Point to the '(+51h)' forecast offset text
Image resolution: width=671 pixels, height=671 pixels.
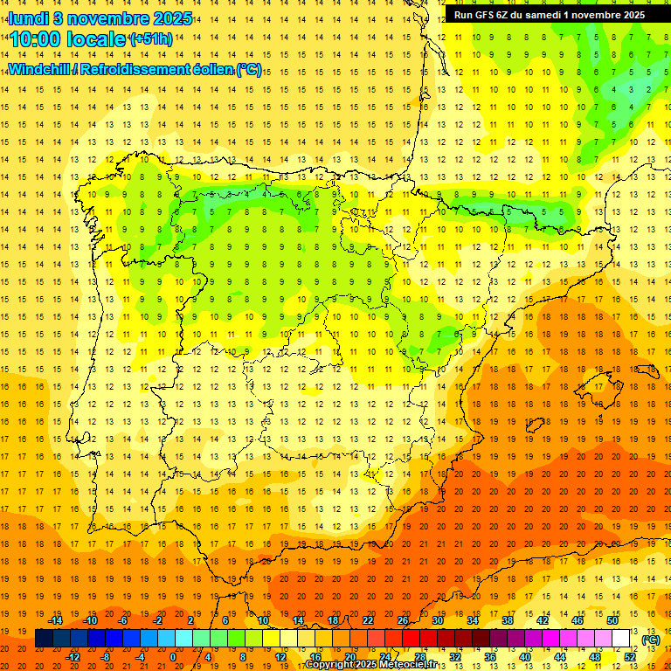(150, 39)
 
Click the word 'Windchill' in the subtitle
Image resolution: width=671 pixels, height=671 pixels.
(40, 70)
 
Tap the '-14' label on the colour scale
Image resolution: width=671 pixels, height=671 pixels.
(55, 620)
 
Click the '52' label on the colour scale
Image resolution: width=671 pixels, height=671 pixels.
(630, 656)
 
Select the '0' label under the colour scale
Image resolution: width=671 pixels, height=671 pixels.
(173, 656)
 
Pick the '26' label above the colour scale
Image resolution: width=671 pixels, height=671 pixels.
(403, 620)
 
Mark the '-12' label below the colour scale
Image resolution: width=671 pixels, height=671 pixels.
(73, 656)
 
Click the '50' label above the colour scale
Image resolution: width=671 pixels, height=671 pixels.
(612, 620)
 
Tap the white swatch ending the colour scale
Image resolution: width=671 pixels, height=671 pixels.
(621, 639)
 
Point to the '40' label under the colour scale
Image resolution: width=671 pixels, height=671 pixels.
(525, 656)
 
